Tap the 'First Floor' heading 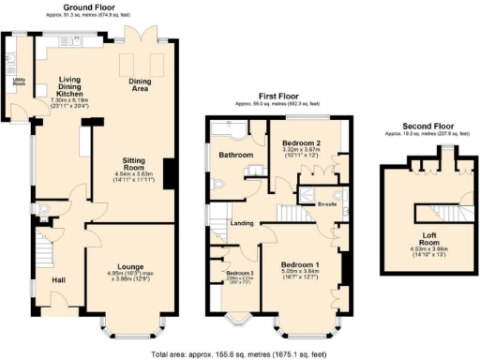[279, 97]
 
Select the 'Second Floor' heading [424, 126]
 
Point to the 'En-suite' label [326, 202]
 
